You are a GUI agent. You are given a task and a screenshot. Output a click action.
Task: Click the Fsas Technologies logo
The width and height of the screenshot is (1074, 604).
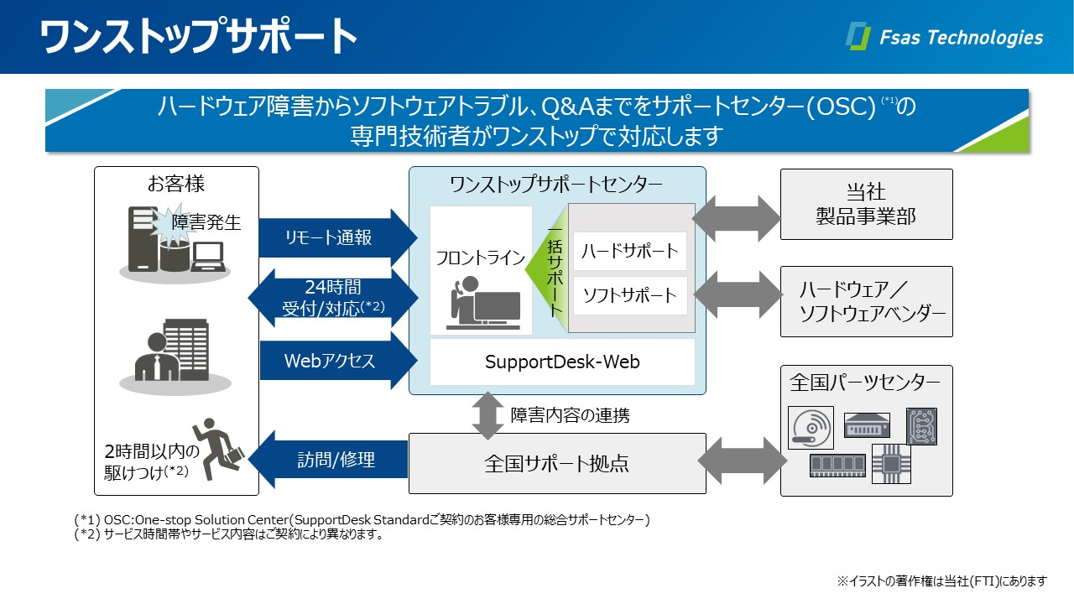tap(945, 37)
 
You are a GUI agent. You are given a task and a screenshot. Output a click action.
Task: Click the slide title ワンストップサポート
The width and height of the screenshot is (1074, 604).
tap(199, 36)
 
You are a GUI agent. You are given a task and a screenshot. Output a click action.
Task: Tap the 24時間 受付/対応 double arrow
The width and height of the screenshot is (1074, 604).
tap(334, 298)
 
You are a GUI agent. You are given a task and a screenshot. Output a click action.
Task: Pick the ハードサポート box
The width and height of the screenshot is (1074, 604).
tap(629, 251)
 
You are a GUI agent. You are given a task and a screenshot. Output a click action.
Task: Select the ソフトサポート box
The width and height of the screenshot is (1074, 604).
tap(629, 295)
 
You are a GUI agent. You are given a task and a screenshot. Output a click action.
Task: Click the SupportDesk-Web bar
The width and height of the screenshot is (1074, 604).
tap(562, 362)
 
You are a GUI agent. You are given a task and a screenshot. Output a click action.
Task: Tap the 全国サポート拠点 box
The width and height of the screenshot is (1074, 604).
tap(556, 463)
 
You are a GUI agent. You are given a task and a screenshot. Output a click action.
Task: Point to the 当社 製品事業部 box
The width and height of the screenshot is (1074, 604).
tap(866, 204)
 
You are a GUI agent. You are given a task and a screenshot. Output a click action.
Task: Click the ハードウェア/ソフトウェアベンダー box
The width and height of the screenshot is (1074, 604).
tap(866, 302)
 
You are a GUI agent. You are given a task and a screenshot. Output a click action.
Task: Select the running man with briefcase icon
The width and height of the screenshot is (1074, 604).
tap(217, 444)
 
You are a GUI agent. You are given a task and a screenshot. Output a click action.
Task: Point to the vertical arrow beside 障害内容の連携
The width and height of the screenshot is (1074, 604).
tap(487, 414)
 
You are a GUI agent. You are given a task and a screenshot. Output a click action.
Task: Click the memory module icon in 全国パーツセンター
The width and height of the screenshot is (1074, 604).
tap(837, 465)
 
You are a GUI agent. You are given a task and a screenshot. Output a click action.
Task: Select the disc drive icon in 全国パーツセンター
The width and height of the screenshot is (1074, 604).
tap(811, 427)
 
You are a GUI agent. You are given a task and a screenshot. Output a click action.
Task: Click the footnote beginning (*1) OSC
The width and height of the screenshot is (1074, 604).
tap(361, 520)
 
